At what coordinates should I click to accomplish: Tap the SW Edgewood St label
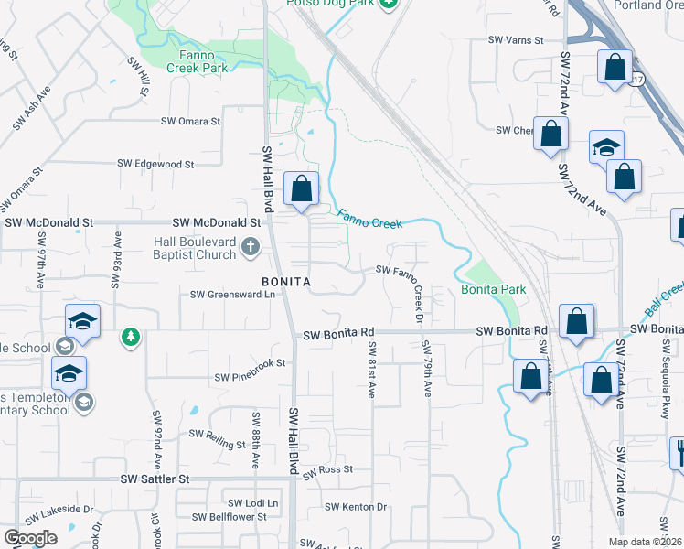pyautogui.click(x=155, y=164)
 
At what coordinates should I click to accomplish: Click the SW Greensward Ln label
pyautogui.click(x=232, y=295)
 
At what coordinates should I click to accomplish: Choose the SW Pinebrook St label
pyautogui.click(x=250, y=377)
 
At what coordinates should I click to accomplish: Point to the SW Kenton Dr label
pyautogui.click(x=357, y=507)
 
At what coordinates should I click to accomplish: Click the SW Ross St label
pyautogui.click(x=328, y=469)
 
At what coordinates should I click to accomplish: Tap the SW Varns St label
pyautogui.click(x=516, y=40)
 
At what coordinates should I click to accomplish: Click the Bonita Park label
pyautogui.click(x=493, y=289)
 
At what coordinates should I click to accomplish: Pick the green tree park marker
pyautogui.click(x=132, y=338)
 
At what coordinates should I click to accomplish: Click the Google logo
pyautogui.click(x=29, y=538)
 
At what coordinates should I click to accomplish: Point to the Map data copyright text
pyautogui.click(x=645, y=542)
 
